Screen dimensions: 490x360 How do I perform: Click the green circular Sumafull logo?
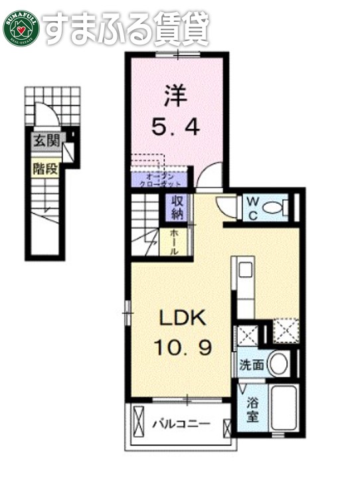tap(22, 28)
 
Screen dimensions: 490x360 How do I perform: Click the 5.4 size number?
tap(175, 128)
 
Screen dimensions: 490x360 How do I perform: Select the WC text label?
tap(254, 207)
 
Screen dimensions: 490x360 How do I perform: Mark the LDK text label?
tap(182, 319)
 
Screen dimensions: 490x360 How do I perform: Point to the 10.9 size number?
tap(184, 347)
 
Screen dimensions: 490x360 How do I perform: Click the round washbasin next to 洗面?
tap(279, 364)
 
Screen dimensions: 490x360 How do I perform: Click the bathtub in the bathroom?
tap(283, 407)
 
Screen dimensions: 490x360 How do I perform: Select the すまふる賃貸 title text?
tap(126, 28)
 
